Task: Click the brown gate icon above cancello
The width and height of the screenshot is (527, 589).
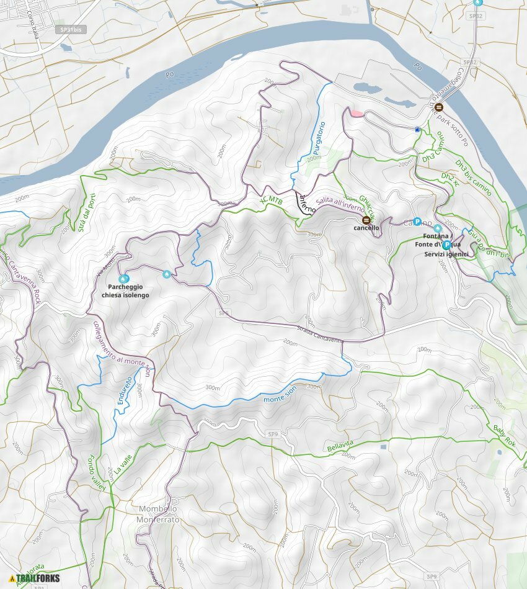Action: tap(366, 220)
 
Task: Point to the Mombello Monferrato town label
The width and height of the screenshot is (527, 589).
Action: tap(159, 514)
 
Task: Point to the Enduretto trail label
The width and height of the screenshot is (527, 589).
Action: tap(125, 391)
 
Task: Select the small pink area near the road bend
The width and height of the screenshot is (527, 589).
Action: tap(356, 113)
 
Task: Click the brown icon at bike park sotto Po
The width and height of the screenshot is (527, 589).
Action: tap(439, 107)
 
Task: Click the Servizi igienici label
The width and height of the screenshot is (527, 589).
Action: tap(446, 254)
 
